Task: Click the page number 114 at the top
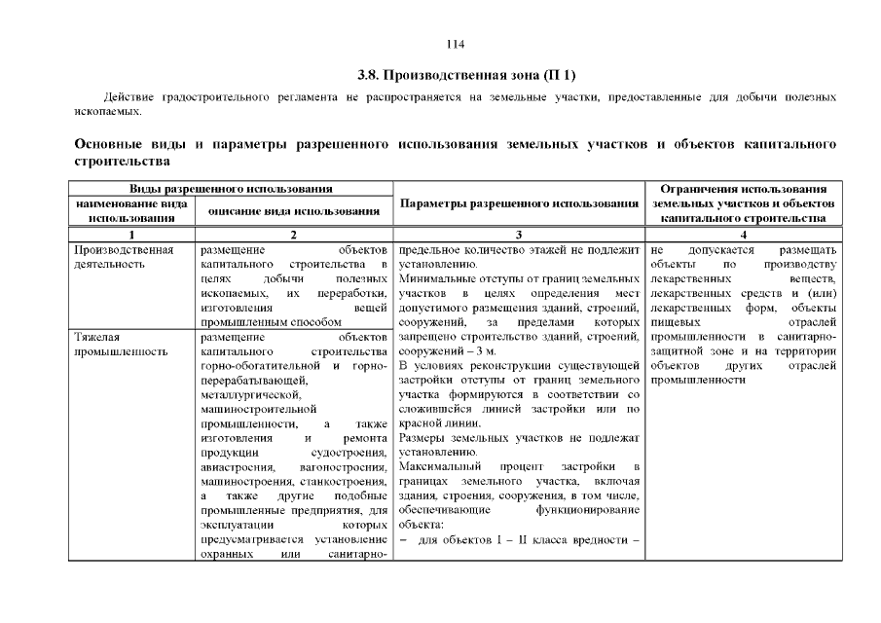click(x=456, y=44)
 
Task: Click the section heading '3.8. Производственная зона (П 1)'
click(x=455, y=75)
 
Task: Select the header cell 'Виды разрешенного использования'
click(x=230, y=188)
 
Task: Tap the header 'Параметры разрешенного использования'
click(x=518, y=203)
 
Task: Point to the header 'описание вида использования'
click(x=294, y=210)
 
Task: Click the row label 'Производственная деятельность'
click(x=124, y=256)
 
